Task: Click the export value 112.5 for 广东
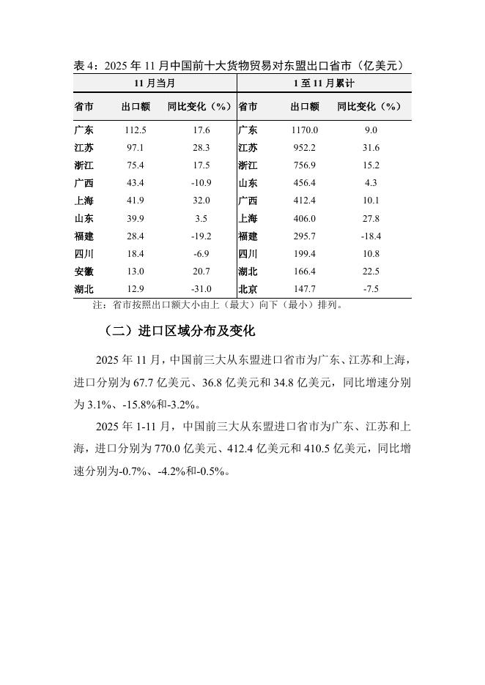point(136,130)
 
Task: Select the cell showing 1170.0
point(304,130)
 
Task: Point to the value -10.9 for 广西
point(201,182)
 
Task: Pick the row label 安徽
point(84,271)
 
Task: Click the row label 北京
point(248,288)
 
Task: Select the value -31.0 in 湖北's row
point(201,288)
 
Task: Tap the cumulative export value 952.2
point(304,147)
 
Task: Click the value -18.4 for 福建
point(371,236)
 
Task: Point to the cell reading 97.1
point(136,147)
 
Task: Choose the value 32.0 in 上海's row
point(201,200)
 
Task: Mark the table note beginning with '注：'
point(217,304)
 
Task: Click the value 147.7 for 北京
point(304,288)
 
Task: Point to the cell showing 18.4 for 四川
point(136,253)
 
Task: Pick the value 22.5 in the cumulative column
point(371,271)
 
